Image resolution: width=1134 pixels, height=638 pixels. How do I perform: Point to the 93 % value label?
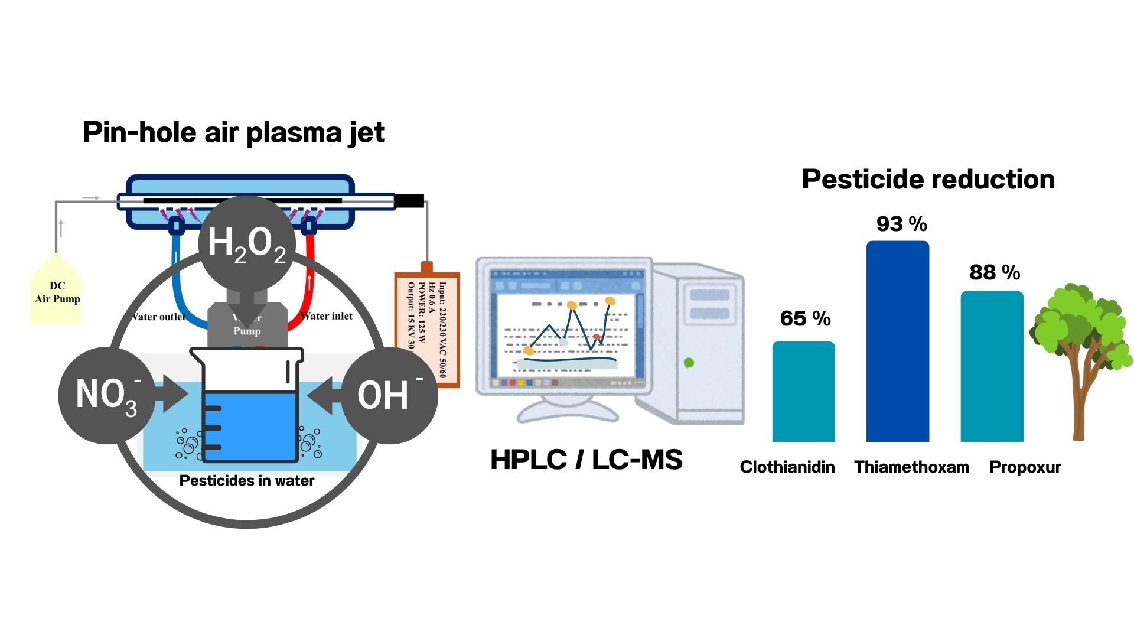901,224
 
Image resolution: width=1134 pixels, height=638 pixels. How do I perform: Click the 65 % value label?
805,318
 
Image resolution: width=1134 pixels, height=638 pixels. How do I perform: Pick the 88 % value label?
995,272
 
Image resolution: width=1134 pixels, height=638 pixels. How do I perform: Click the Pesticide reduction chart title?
928,179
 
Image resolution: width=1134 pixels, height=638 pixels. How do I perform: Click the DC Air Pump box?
56,292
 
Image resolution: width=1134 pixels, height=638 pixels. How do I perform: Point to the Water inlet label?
327,316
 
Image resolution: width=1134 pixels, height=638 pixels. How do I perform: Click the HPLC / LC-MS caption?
586,460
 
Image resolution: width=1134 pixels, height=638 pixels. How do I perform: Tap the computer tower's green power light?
689,363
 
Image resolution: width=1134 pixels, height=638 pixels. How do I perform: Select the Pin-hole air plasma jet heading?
233,132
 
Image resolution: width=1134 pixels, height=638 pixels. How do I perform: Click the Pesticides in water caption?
246,481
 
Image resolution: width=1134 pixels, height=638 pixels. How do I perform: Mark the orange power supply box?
426,328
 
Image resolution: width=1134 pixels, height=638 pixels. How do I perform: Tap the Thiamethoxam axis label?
911,467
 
